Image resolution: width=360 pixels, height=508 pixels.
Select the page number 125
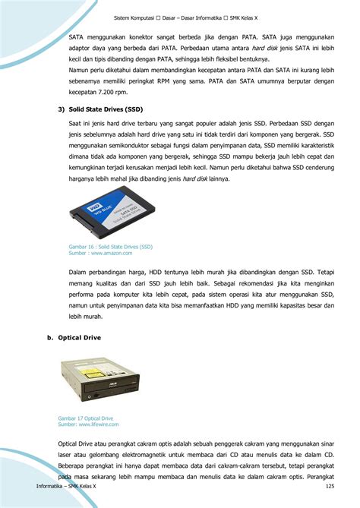pyautogui.click(x=330, y=486)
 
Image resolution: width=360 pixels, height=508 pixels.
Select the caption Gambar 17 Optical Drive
pyautogui.click(x=85, y=418)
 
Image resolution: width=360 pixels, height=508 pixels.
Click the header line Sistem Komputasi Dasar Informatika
pyautogui.click(x=180, y=18)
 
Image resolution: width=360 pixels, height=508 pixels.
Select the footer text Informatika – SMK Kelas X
pyautogui.click(x=66, y=486)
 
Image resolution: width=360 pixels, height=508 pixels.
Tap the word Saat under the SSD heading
pyautogui.click(x=77, y=122)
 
